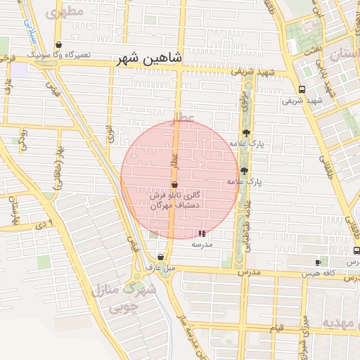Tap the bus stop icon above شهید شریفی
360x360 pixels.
(x=302, y=89)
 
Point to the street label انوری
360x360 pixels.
(x=110, y=134)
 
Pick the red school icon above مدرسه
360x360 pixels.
(x=202, y=233)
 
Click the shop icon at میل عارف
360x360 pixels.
(x=162, y=257)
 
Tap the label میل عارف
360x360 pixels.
(x=160, y=268)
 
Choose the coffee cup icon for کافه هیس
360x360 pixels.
(x=318, y=262)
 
